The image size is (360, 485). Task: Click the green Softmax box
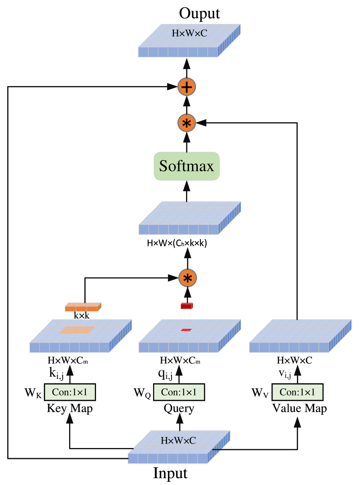186,166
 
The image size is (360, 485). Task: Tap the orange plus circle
187,87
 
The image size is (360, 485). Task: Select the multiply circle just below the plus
187,123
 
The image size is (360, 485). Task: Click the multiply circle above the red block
187,278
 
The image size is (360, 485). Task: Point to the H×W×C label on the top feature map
189,33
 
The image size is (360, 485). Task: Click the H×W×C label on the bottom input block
178,440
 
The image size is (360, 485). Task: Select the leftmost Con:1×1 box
70,392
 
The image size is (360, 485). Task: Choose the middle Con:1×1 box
179,392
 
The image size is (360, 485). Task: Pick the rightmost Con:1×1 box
297,392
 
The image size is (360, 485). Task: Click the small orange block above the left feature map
83,307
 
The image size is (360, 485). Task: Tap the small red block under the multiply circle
187,306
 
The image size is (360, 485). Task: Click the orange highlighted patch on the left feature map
77,330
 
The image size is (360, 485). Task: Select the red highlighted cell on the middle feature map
186,330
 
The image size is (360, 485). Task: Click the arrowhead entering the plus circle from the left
173,86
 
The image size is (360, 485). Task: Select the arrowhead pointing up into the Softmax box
187,186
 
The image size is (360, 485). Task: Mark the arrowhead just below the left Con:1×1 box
70,418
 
